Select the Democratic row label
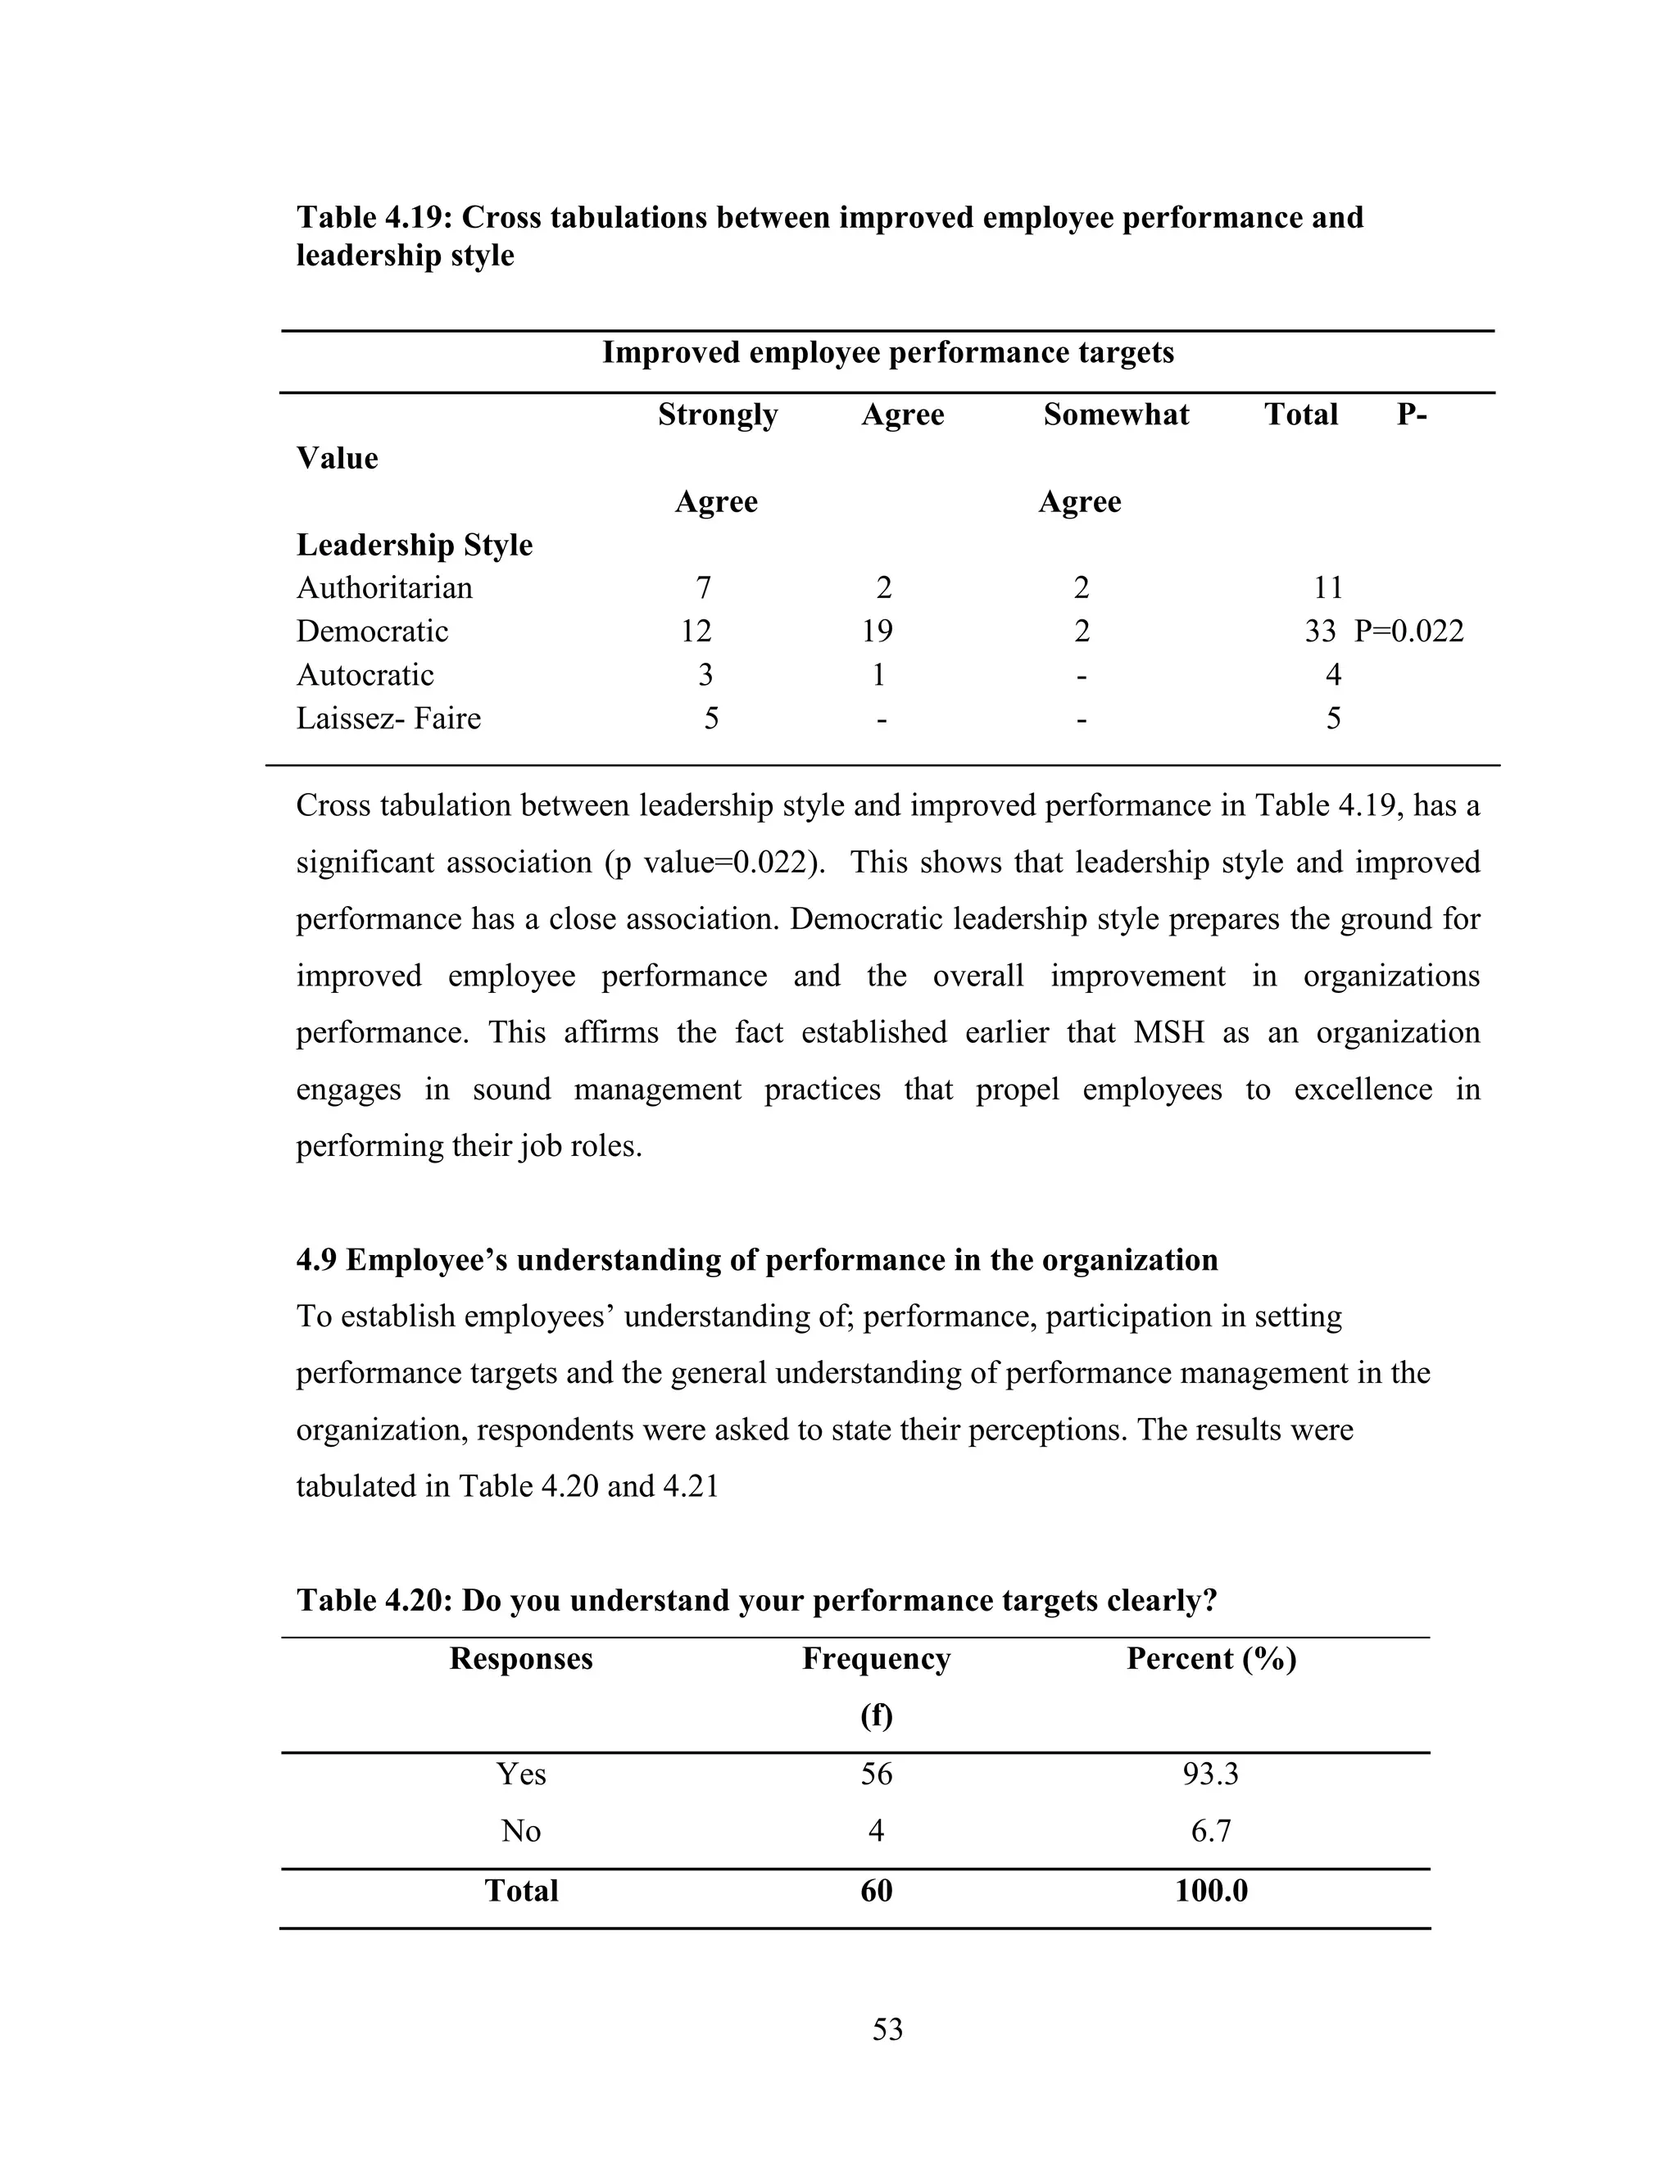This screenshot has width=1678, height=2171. pos(372,631)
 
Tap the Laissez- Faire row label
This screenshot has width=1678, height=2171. pos(388,718)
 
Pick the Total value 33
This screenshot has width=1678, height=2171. pos(1320,631)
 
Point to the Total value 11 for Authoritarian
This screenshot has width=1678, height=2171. pos(1328,587)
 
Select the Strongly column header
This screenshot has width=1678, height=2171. pos(717,415)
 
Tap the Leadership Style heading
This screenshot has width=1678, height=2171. pos(414,545)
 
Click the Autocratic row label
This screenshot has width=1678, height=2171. pos(365,675)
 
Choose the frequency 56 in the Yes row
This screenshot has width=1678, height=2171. pos(876,1774)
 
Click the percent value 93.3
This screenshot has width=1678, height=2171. pos(1210,1774)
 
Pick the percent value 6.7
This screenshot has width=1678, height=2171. pos(1210,1831)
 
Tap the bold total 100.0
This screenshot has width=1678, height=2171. pos(1210,1891)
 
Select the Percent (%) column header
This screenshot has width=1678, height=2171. pos(1210,1659)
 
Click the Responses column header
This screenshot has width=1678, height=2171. pos(521,1659)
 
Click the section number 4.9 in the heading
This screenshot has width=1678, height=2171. pos(316,1261)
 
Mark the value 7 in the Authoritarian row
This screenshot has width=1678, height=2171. pos(703,587)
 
